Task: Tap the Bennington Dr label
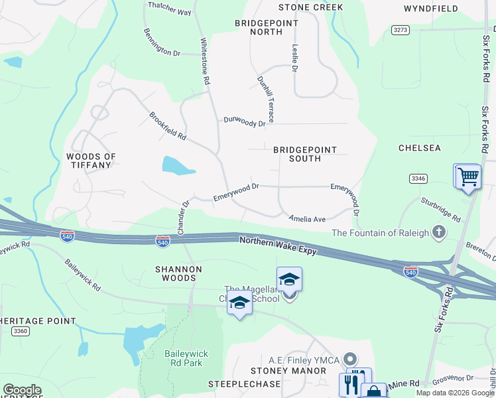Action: coord(162,42)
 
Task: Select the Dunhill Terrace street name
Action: coord(265,94)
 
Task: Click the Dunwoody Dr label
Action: coord(244,121)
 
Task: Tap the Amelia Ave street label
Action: coord(306,218)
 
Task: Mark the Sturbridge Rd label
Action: coord(440,208)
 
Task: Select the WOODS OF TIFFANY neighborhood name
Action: coord(91,161)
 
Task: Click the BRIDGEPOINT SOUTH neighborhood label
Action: coord(305,154)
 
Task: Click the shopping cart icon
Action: coord(468,177)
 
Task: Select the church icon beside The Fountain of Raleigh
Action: coord(438,232)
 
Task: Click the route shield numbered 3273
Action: coord(400,30)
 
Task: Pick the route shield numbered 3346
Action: coord(418,178)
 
